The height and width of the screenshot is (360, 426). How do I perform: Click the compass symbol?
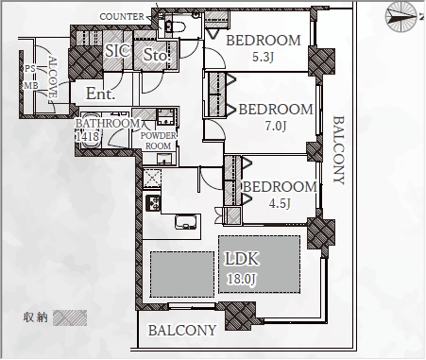click(x=401, y=17)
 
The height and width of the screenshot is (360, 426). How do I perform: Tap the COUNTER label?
click(x=122, y=17)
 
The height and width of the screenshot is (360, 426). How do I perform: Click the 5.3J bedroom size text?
click(x=263, y=57)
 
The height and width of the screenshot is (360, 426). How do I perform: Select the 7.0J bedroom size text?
click(x=276, y=126)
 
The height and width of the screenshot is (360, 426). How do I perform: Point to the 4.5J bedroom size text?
click(x=280, y=203)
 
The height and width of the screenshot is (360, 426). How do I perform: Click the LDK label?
click(x=242, y=259)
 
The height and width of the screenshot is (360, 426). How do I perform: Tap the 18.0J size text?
click(x=242, y=279)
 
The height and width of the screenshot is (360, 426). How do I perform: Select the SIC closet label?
click(x=117, y=51)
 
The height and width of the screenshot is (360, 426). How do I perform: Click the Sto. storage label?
click(x=157, y=55)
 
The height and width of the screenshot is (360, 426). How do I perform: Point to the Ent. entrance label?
click(x=100, y=94)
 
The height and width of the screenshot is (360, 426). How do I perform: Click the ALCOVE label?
click(x=53, y=77)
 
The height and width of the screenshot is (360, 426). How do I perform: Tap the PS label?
click(x=30, y=68)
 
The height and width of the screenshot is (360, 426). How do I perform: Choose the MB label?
click(x=31, y=85)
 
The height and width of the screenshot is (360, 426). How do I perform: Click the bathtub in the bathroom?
click(x=92, y=130)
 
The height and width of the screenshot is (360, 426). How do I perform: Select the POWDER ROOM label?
click(x=158, y=141)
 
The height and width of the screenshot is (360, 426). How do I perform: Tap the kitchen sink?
click(x=188, y=222)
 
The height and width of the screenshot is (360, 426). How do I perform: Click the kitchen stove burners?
click(x=153, y=203)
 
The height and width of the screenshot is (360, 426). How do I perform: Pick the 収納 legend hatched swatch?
click(x=70, y=317)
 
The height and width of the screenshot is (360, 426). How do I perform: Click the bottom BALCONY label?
click(x=182, y=331)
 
